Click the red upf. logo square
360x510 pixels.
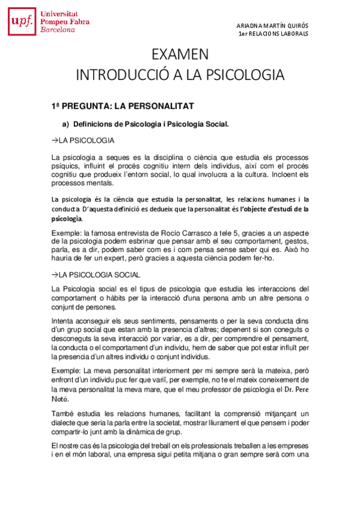click(22, 23)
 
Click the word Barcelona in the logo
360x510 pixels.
click(58, 30)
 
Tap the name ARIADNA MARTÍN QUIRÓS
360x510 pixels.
click(273, 25)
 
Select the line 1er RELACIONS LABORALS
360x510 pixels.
click(273, 34)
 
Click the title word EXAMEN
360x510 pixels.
click(180, 55)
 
